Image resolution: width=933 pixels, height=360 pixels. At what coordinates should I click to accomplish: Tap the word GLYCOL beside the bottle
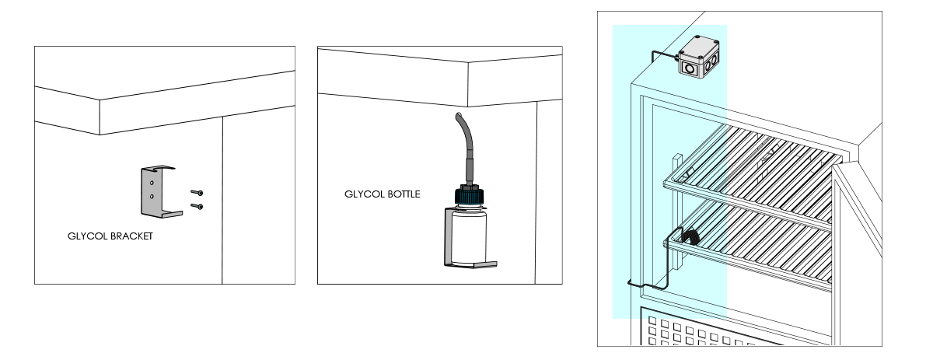(362, 194)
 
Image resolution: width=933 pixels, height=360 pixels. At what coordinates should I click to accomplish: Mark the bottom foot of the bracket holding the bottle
(474, 265)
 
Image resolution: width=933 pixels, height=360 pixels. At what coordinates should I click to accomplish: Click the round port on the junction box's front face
(689, 68)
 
